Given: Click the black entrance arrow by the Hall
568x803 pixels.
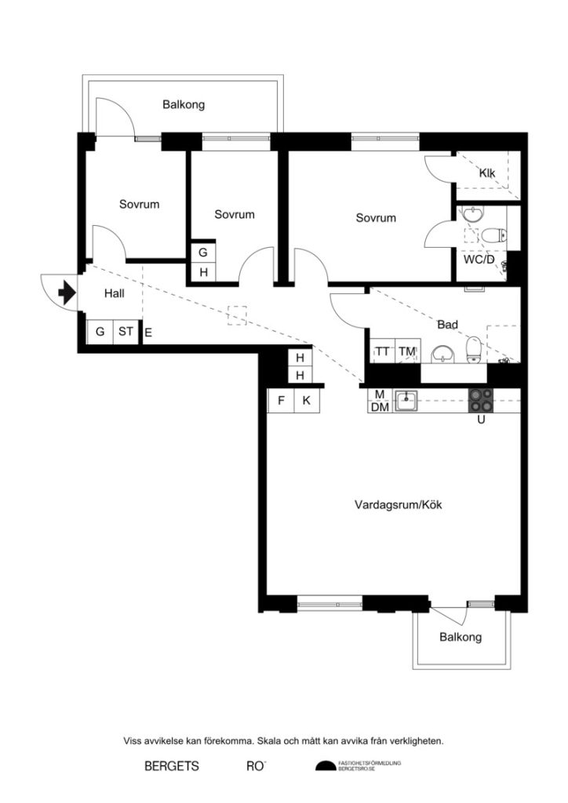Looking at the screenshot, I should (x=66, y=293).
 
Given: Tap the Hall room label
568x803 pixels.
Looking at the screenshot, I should (x=115, y=293).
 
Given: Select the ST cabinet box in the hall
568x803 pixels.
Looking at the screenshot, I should (x=126, y=332).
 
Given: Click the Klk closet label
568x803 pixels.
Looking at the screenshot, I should (x=487, y=173).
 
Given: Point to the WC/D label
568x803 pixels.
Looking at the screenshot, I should (x=479, y=260).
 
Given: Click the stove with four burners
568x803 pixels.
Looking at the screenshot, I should (x=482, y=401).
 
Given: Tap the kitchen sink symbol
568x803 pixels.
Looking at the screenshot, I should (x=406, y=401).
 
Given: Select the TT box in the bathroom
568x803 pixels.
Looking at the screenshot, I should (x=382, y=352).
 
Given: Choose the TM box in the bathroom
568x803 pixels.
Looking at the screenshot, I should (x=406, y=352).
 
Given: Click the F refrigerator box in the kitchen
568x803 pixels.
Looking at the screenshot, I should (x=280, y=401).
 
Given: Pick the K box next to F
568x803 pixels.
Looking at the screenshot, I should (x=307, y=401).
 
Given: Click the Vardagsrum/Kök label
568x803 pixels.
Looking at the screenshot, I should (x=399, y=505).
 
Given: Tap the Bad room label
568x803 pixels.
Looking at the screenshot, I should (x=447, y=323).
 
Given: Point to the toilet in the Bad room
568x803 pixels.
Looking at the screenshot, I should (x=473, y=348).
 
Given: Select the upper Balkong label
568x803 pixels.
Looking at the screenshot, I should (x=184, y=104).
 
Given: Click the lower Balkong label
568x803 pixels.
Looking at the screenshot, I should (x=461, y=637).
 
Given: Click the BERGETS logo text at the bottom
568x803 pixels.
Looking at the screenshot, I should (x=172, y=765).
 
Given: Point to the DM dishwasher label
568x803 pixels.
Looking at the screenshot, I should (x=379, y=407).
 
